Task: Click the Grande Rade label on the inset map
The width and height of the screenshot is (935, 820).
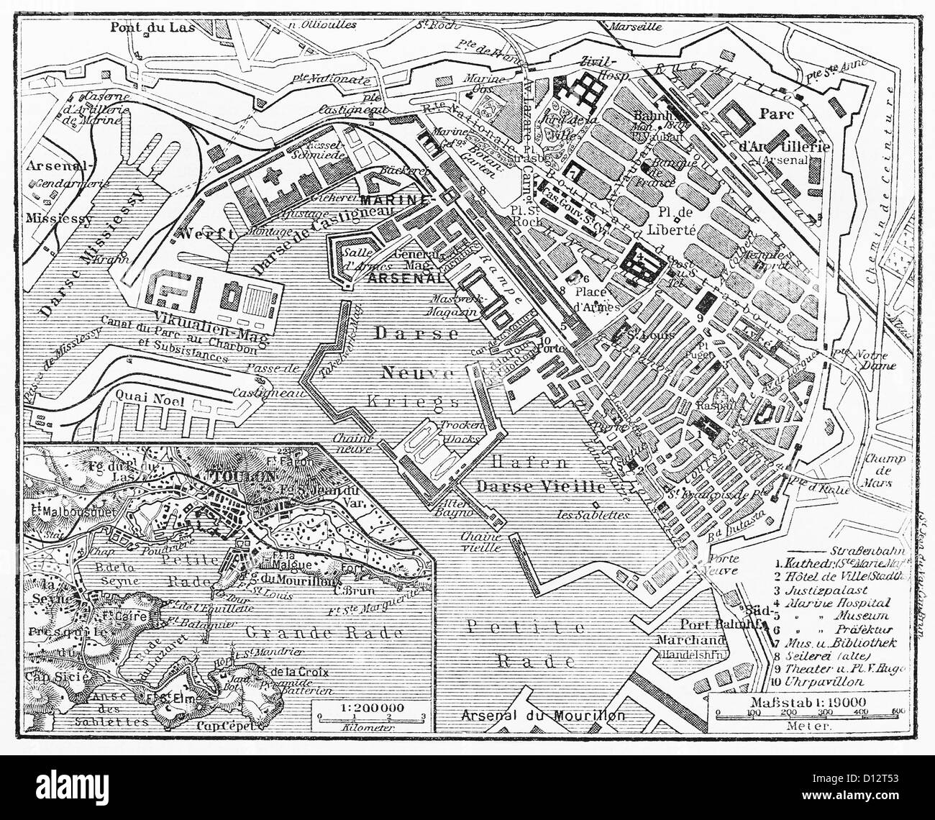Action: (x=297, y=632)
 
